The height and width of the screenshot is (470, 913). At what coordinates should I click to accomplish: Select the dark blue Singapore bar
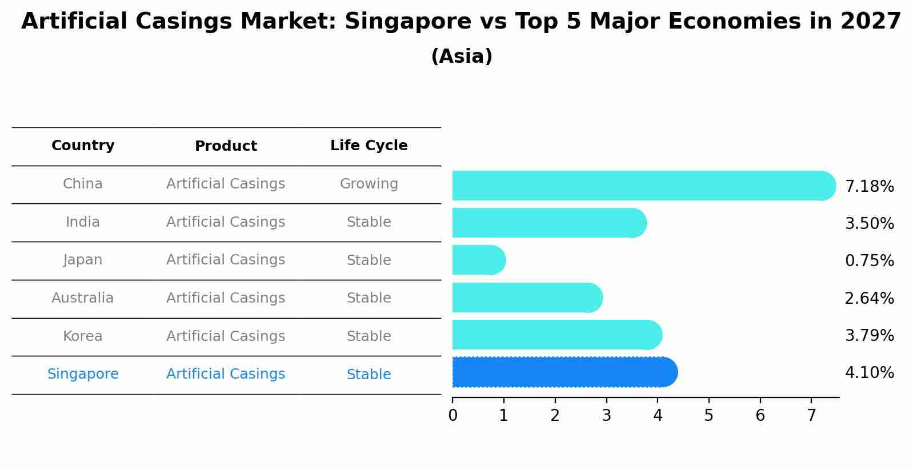(564, 372)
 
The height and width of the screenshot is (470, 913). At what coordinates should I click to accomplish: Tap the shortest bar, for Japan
(479, 260)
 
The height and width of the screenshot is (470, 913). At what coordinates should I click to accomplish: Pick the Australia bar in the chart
(527, 298)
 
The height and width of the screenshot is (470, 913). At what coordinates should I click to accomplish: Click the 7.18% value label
(869, 187)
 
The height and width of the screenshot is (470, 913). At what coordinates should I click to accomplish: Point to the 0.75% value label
(869, 261)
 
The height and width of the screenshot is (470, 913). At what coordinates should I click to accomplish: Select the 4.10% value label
(869, 373)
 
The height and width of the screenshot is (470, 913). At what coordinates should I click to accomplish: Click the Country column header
(83, 146)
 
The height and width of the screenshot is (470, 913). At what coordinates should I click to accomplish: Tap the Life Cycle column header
(369, 146)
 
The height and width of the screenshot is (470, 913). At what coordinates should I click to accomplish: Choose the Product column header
(226, 146)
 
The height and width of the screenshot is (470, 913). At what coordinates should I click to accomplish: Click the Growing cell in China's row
(369, 184)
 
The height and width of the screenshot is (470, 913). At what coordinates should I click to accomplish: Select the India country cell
(83, 222)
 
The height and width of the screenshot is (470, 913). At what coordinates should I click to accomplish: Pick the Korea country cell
(83, 336)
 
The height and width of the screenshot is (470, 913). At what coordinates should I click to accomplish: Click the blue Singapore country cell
(83, 374)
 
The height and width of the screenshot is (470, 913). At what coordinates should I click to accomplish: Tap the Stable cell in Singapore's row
(369, 375)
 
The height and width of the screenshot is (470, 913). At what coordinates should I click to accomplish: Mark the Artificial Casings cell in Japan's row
(226, 260)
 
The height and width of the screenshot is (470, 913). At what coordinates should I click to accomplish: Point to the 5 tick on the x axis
(708, 416)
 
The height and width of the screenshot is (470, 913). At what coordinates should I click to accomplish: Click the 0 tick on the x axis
(453, 416)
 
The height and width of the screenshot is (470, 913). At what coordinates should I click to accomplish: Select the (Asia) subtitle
(462, 57)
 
